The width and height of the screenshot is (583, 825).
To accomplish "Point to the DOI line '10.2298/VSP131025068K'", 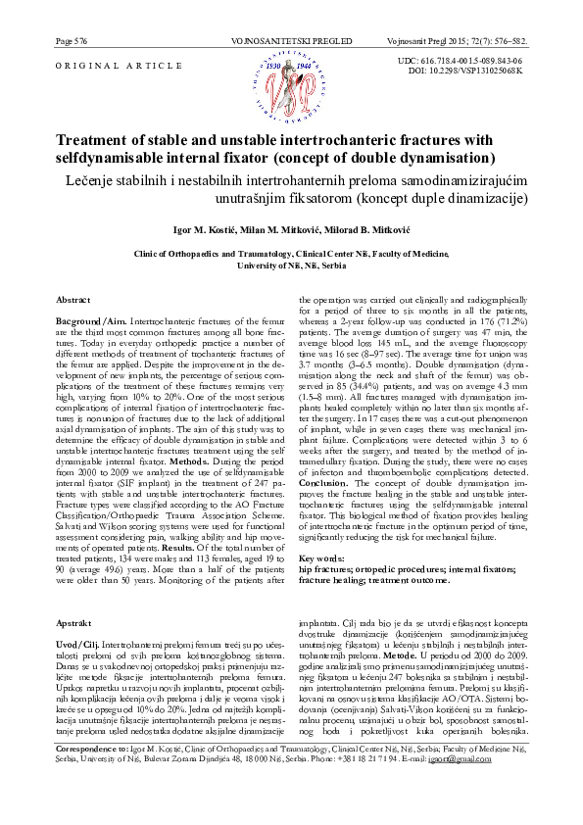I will [474, 72].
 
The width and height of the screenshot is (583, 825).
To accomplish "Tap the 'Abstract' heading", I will [74, 299].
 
